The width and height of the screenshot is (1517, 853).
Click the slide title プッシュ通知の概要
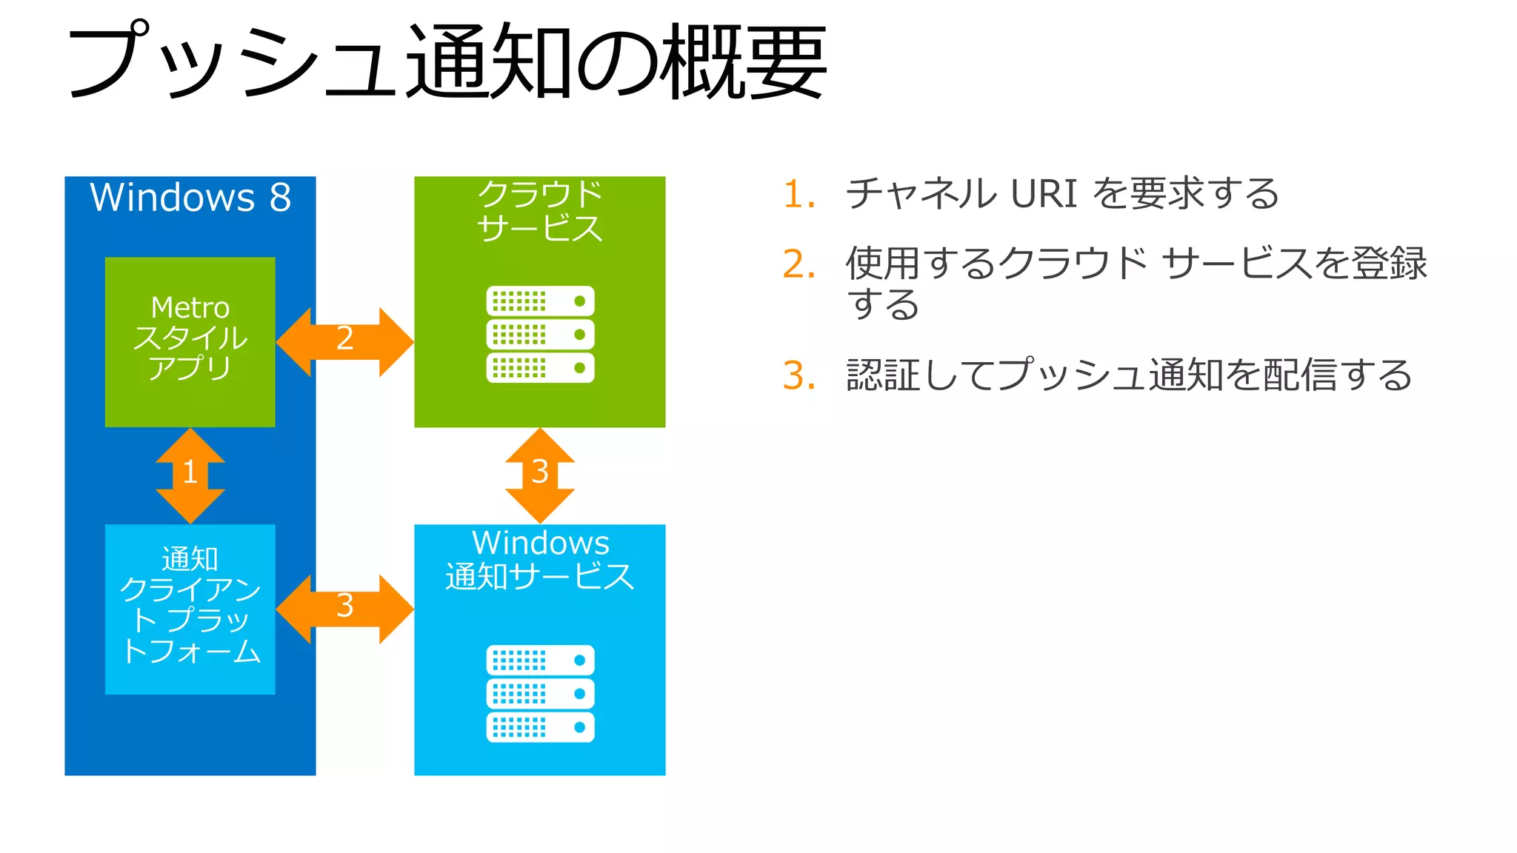[x=447, y=61]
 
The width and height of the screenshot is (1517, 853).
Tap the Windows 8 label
[x=190, y=197]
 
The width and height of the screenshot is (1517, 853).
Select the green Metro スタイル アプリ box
[x=190, y=341]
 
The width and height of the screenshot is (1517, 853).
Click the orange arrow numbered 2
[x=344, y=342]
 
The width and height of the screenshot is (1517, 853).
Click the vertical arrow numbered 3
[x=540, y=475]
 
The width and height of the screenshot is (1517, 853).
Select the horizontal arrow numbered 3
[x=344, y=609]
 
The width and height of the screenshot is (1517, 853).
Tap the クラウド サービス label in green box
[x=540, y=211]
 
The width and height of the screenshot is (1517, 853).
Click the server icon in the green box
[x=540, y=334]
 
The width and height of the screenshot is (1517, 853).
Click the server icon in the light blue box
[x=540, y=693]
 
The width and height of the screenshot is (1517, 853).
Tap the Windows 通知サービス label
[x=540, y=560]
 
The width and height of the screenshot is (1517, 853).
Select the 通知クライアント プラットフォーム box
[x=190, y=609]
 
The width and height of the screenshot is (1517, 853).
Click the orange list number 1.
[x=798, y=194]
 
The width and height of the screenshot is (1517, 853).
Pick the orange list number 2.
[x=798, y=264]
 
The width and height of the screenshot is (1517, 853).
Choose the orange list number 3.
[x=798, y=375]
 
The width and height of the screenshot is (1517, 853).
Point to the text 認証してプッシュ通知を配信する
[x=1129, y=375]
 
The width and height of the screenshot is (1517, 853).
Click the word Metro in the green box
[x=190, y=307]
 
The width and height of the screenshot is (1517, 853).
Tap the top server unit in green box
[x=540, y=301]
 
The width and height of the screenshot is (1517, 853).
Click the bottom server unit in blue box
[x=540, y=727]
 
